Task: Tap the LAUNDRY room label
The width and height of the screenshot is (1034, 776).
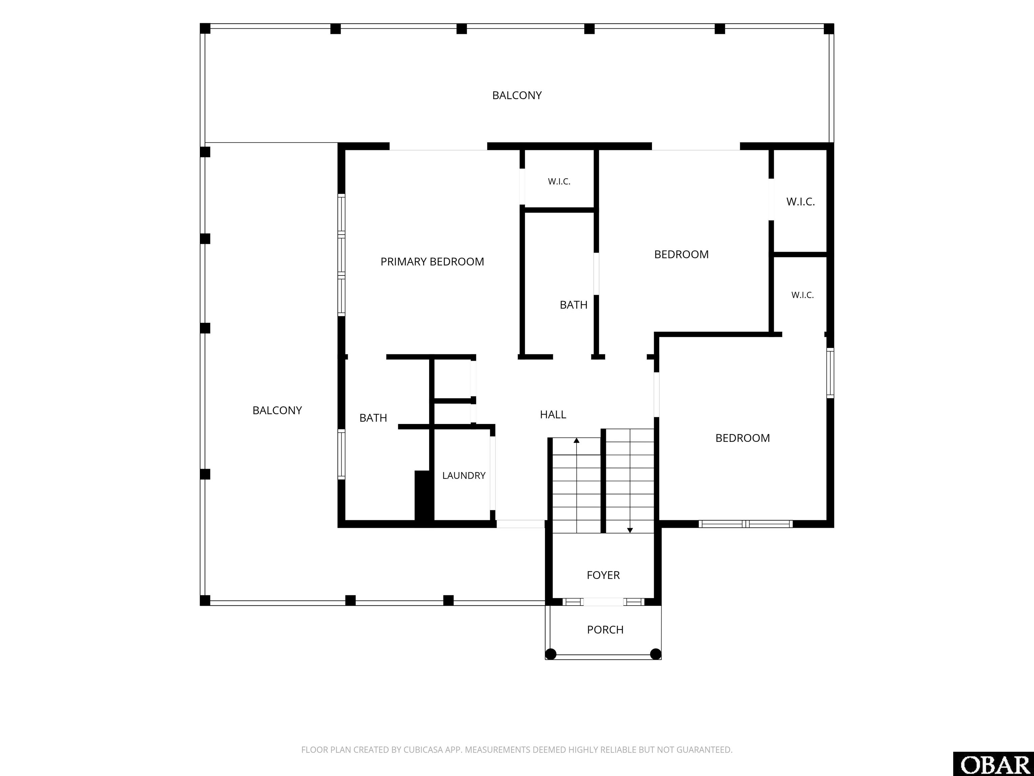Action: (464, 475)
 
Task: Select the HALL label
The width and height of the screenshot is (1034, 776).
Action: (553, 414)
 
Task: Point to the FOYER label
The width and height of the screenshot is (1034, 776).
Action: (603, 575)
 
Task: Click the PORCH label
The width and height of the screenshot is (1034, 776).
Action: (605, 629)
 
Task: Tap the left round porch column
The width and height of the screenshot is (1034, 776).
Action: (551, 654)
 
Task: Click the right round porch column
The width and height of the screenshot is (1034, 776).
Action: (656, 654)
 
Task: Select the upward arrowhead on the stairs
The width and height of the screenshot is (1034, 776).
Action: (576, 441)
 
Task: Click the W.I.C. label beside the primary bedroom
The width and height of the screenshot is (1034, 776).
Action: (559, 182)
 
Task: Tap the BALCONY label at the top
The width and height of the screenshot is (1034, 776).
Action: (517, 95)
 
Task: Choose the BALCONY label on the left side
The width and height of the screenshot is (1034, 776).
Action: (277, 410)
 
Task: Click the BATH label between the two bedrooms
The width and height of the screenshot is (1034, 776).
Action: (574, 305)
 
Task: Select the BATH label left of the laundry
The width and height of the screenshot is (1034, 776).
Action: (373, 418)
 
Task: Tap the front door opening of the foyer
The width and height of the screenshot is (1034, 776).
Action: (604, 602)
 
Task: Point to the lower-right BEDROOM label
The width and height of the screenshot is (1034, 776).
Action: (742, 438)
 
